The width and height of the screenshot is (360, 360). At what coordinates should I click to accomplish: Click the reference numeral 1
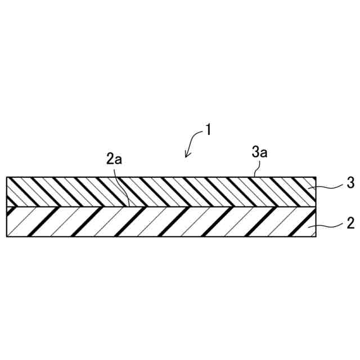[208, 130]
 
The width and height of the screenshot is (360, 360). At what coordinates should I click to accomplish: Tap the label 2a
[114, 159]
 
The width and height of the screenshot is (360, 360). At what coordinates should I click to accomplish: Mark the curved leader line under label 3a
[256, 167]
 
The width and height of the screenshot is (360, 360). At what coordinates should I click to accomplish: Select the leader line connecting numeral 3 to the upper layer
[329, 186]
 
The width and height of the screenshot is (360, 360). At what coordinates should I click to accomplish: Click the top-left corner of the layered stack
[6, 177]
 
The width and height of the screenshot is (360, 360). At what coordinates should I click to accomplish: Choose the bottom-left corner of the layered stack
[6, 236]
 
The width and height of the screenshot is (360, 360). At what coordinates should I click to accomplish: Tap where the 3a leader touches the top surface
[253, 177]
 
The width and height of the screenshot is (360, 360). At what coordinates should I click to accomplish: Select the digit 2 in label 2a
[110, 159]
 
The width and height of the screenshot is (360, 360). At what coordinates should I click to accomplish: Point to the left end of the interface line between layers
[7, 206]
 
